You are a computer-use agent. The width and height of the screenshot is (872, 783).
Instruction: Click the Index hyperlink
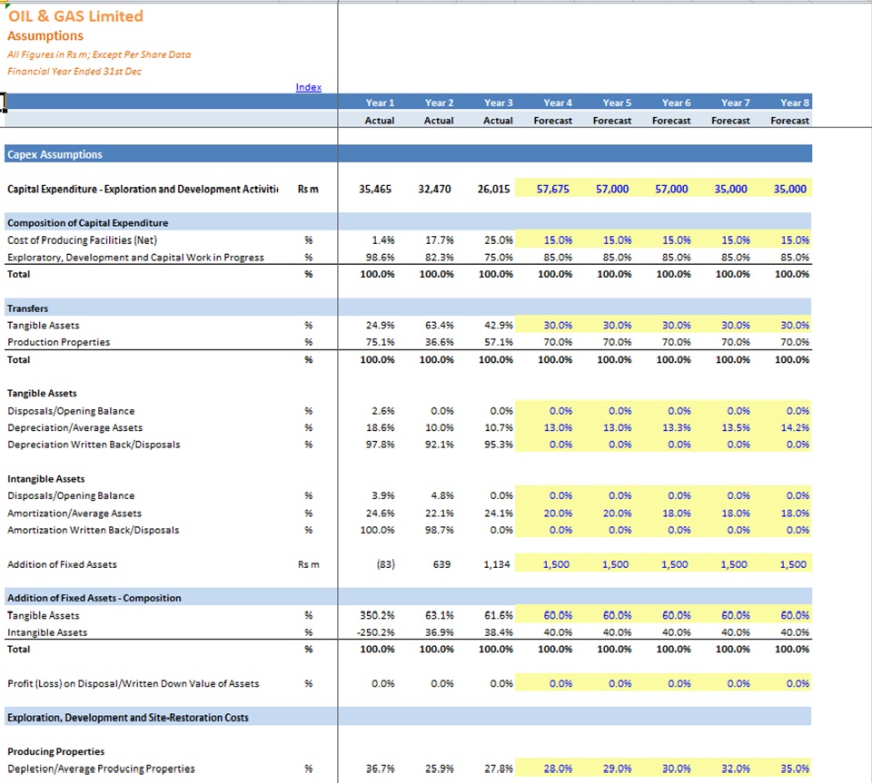click(x=308, y=87)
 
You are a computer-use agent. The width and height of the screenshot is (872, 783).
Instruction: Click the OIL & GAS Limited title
click(x=75, y=16)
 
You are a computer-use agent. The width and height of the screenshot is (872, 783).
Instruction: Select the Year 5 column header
click(x=617, y=103)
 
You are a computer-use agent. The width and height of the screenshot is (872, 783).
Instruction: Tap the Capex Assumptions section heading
click(x=54, y=154)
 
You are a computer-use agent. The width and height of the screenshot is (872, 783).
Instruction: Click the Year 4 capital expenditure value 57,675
click(x=553, y=189)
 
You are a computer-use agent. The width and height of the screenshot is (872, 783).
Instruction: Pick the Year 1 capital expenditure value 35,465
click(x=375, y=189)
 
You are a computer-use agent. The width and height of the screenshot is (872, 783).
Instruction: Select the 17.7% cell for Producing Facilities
click(x=440, y=240)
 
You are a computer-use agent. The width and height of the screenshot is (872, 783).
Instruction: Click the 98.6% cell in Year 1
click(x=380, y=257)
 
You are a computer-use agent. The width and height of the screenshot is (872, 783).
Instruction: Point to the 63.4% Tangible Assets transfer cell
click(x=440, y=325)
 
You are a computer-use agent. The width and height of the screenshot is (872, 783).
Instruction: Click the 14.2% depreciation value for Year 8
click(x=795, y=427)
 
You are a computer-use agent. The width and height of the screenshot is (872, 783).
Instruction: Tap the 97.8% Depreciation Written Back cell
click(x=380, y=445)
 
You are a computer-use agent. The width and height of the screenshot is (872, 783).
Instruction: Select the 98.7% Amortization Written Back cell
click(x=440, y=530)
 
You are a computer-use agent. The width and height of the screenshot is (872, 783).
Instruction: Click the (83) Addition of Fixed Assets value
click(x=385, y=564)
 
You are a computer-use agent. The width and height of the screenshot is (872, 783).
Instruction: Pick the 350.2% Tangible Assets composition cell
click(x=377, y=615)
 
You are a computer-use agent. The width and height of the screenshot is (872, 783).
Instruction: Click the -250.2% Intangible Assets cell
click(x=376, y=632)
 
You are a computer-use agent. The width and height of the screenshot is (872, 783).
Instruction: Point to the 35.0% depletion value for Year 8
click(x=795, y=768)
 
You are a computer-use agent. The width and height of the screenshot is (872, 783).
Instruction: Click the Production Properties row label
click(x=58, y=342)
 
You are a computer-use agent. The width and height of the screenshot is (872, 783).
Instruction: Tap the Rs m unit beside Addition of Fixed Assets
click(x=308, y=564)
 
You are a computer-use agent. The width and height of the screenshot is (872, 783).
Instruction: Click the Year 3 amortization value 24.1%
click(x=499, y=514)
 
